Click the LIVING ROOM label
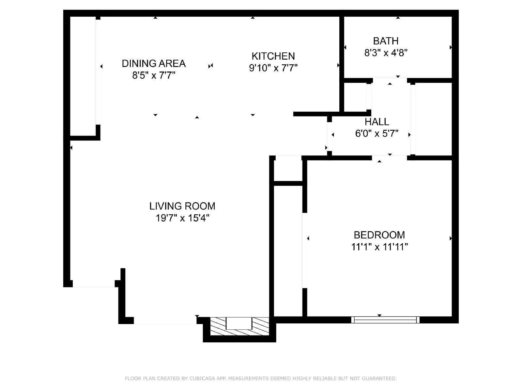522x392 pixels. pyautogui.click(x=182, y=206)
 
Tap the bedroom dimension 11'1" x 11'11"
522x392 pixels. pyautogui.click(x=379, y=247)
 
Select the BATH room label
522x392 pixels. pyautogui.click(x=386, y=41)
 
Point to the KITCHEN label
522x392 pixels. pyautogui.click(x=273, y=56)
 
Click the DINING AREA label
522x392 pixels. pyautogui.click(x=154, y=63)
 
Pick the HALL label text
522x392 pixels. pyautogui.click(x=377, y=122)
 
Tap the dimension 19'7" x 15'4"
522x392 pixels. pyautogui.click(x=182, y=218)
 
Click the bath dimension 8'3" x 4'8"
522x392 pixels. pyautogui.click(x=386, y=53)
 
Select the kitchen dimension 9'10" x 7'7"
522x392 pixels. pyautogui.click(x=273, y=68)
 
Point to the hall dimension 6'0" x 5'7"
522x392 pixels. pyautogui.click(x=377, y=134)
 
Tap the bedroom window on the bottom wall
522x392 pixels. pyautogui.click(x=385, y=320)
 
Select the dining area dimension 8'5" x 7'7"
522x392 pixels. pyautogui.click(x=154, y=75)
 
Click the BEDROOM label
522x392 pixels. pyautogui.click(x=379, y=235)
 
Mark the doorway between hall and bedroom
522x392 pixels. pyautogui.click(x=390, y=158)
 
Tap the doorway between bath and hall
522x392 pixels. pyautogui.click(x=390, y=80)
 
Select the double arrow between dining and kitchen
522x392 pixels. pyautogui.click(x=210, y=66)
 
